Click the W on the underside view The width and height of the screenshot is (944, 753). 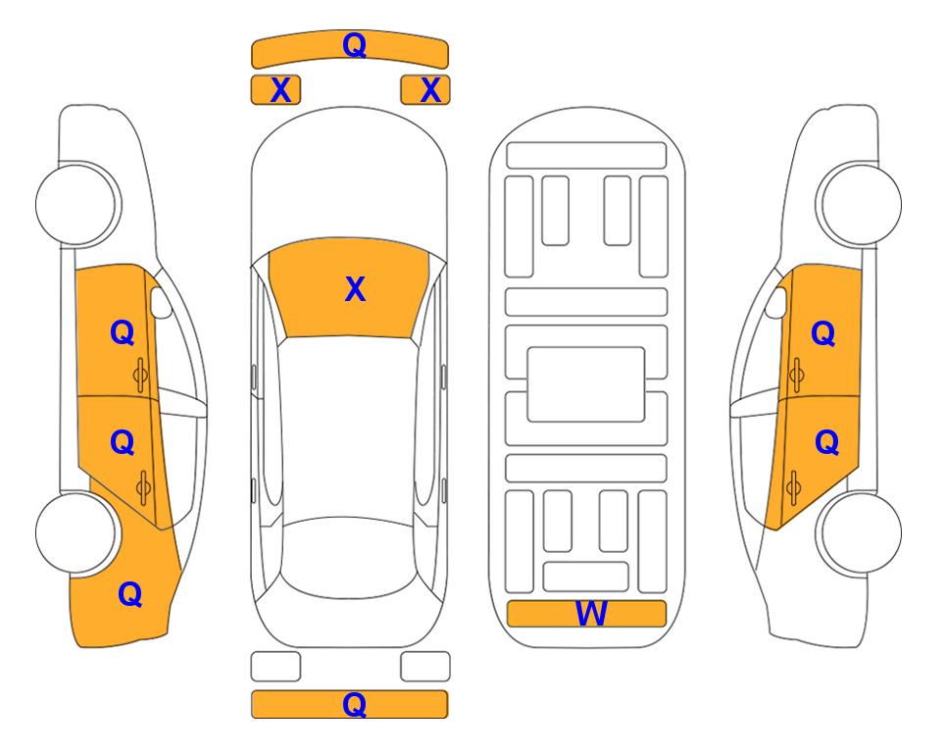[x=591, y=614]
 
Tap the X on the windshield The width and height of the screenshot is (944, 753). [x=355, y=289]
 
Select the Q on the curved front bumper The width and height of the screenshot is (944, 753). [x=355, y=45]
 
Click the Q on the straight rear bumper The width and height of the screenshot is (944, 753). [x=355, y=704]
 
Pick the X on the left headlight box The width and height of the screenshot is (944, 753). [x=281, y=90]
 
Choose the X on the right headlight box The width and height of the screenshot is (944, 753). [x=430, y=90]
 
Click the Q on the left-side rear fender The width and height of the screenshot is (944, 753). [x=130, y=594]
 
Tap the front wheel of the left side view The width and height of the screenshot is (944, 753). [x=76, y=204]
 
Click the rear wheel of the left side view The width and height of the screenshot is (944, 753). [x=76, y=533]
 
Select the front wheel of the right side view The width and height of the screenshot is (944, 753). [x=861, y=204]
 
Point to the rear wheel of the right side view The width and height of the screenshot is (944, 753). [x=861, y=533]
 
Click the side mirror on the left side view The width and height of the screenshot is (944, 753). [x=161, y=302]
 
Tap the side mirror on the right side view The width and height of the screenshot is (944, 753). [x=776, y=302]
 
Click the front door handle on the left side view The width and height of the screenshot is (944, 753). [x=141, y=375]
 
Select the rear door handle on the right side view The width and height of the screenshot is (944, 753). [x=793, y=488]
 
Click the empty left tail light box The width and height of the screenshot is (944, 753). [x=275, y=667]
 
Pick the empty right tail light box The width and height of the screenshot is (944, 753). [x=425, y=667]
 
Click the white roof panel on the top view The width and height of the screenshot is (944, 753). [x=348, y=430]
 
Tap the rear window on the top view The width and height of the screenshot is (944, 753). [x=348, y=557]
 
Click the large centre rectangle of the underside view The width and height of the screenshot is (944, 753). [x=586, y=384]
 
